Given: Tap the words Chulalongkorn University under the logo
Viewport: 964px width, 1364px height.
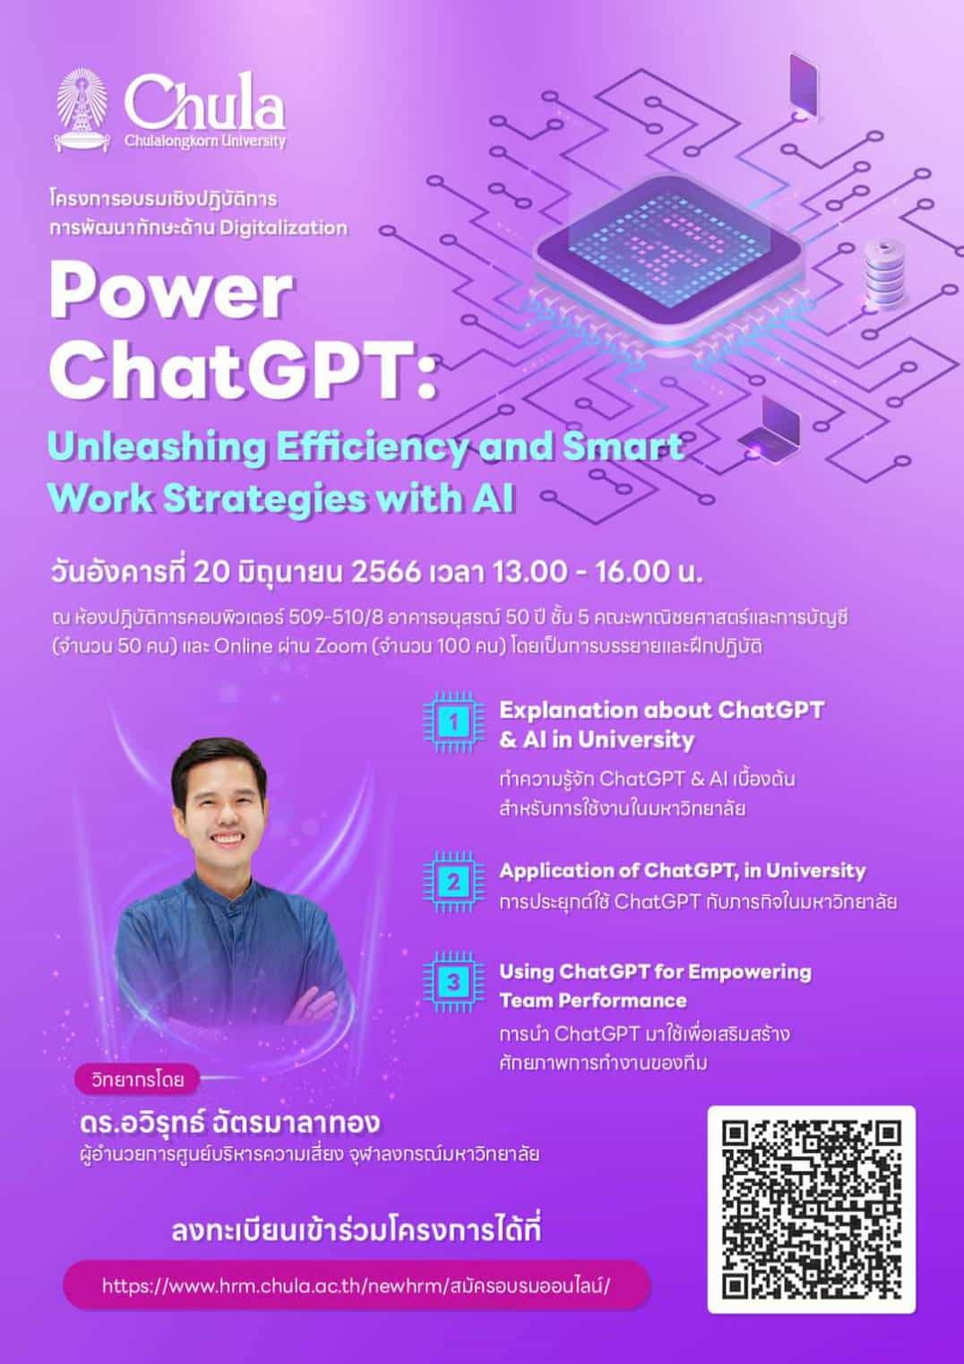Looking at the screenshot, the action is click(x=205, y=142).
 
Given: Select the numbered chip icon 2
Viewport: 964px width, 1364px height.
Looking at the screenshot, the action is click(x=454, y=883).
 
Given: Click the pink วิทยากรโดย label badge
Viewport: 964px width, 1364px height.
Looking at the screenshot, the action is click(x=138, y=1081).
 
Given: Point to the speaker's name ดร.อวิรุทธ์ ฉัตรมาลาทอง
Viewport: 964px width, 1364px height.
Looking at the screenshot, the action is click(x=230, y=1123).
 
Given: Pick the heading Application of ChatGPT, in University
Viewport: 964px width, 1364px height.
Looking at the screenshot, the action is click(x=682, y=871).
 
